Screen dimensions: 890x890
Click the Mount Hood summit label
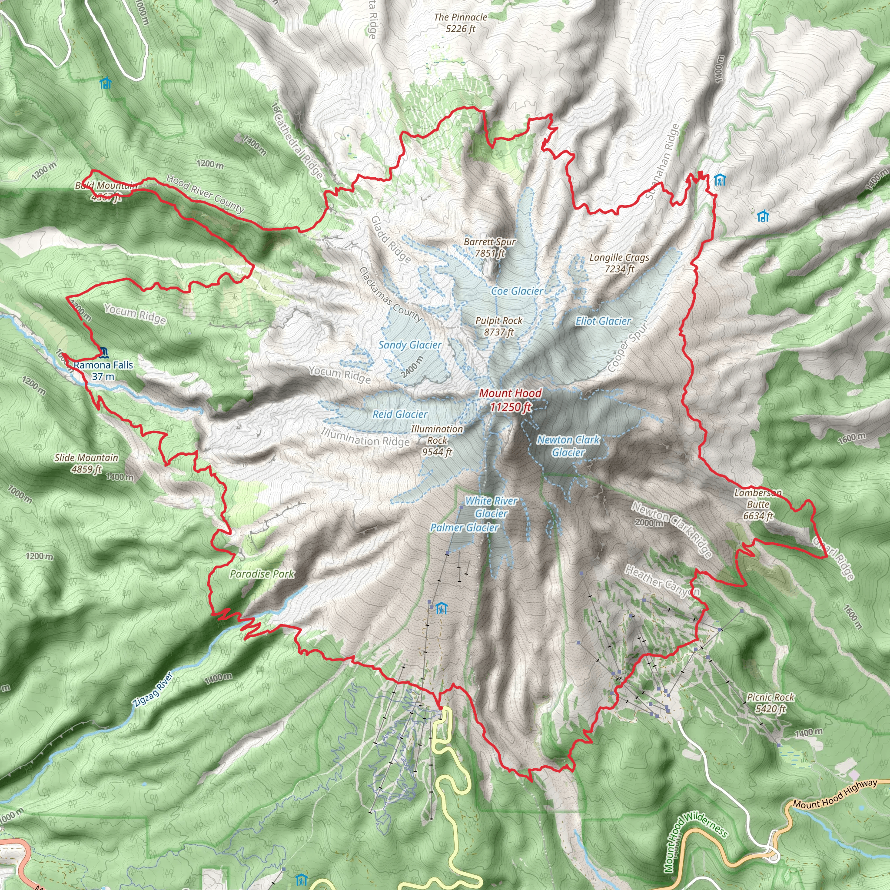click(511, 399)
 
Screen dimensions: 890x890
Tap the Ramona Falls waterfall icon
click(103, 353)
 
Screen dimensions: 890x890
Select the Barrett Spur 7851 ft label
click(490, 247)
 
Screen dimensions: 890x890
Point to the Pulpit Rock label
click(499, 326)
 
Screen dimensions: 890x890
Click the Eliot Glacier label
click(603, 321)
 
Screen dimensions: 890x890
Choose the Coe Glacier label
click(517, 291)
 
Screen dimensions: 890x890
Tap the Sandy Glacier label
click(410, 345)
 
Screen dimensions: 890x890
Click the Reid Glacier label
click(400, 414)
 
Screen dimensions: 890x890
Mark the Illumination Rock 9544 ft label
click(437, 440)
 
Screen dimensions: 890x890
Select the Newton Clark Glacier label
click(568, 446)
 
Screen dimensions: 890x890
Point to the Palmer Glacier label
click(465, 528)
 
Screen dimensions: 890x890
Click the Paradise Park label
click(262, 574)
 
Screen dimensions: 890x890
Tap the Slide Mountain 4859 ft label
click(86, 463)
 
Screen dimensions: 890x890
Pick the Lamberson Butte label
click(758, 504)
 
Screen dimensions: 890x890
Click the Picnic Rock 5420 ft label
click(770, 703)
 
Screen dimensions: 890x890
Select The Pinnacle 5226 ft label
click(460, 23)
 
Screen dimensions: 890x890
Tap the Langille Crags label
click(619, 263)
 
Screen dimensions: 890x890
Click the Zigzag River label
click(153, 690)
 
